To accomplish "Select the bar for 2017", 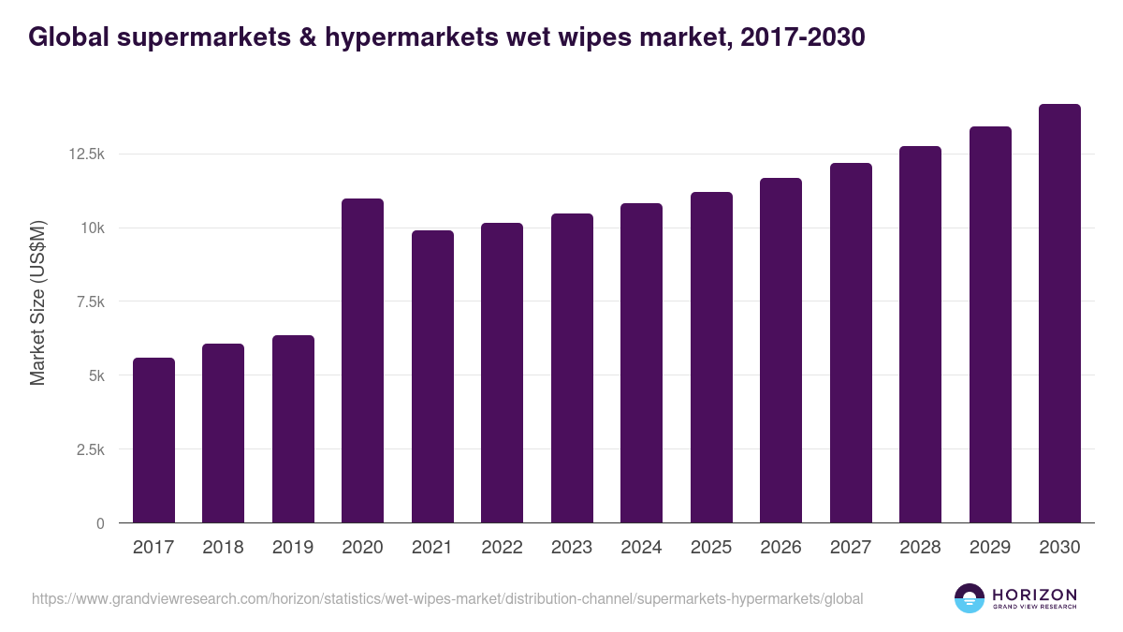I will (153, 440).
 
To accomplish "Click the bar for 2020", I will (362, 360).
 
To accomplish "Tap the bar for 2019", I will (293, 429).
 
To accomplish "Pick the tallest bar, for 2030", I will (1059, 314).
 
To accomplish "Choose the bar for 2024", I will (641, 363).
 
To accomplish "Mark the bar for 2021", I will (432, 376).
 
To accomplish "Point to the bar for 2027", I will (851, 343).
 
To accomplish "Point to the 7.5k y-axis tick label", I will (90, 302).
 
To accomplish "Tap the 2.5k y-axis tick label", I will (90, 449).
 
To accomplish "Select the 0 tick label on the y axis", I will (100, 523).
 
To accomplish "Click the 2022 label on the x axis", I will (502, 548).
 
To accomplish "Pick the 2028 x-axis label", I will (920, 548).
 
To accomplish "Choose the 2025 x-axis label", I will (711, 548).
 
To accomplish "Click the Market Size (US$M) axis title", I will (37, 301).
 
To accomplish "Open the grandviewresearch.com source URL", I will (447, 598).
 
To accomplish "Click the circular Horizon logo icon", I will (970, 598).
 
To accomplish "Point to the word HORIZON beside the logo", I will (1034, 595).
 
